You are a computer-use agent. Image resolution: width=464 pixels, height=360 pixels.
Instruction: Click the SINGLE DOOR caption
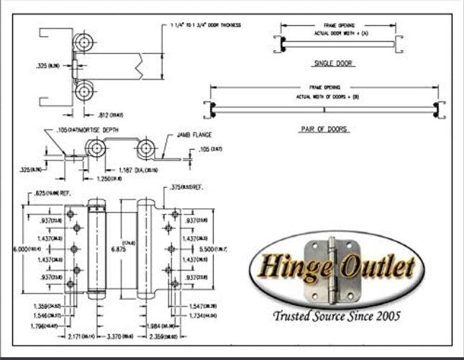[329, 63]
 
